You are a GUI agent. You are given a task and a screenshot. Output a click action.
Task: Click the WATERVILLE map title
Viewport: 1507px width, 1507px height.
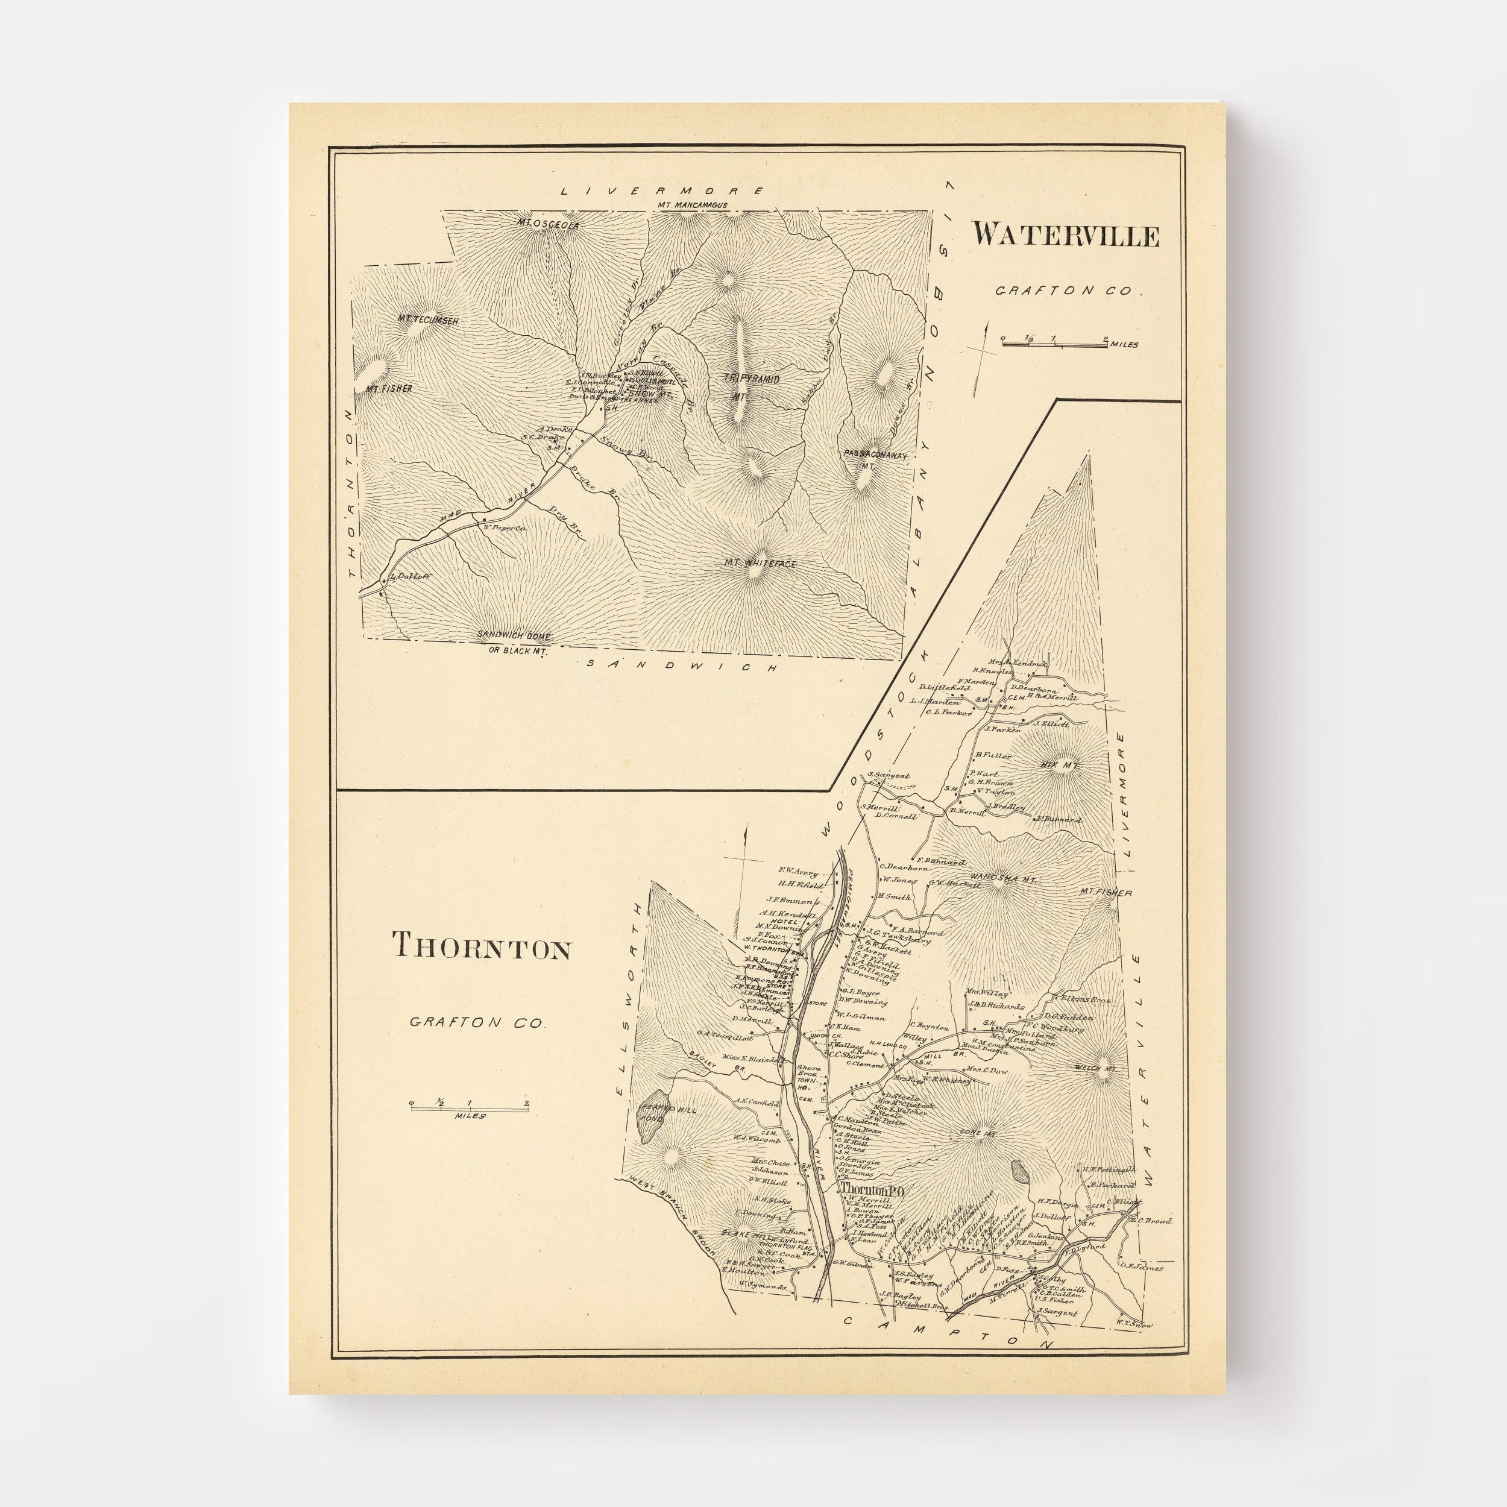pos(1065,234)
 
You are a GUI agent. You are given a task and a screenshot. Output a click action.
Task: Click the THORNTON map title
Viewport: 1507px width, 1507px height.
pos(481,946)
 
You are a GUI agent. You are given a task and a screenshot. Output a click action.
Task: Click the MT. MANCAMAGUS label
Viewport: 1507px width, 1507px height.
pos(692,205)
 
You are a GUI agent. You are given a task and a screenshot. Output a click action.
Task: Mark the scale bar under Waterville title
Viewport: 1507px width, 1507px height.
pos(1054,343)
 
